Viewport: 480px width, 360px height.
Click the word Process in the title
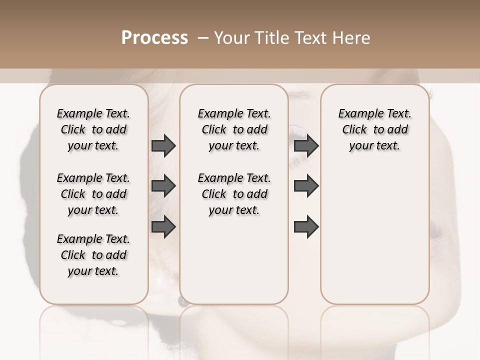(x=154, y=38)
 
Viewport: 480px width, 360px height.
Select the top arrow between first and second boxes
(x=163, y=146)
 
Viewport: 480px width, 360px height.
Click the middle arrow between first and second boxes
(x=163, y=186)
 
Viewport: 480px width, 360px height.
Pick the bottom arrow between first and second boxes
(x=163, y=226)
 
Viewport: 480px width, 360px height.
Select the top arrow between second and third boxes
(x=306, y=146)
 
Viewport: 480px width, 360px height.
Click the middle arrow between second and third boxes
(x=306, y=186)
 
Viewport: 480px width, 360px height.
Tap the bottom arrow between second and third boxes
(x=306, y=226)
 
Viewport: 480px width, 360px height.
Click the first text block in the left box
(x=93, y=129)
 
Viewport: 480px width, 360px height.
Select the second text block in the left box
(x=93, y=194)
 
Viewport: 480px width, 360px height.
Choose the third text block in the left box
(x=93, y=255)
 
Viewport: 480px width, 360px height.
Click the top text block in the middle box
(x=234, y=129)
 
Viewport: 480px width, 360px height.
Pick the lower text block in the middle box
(x=234, y=194)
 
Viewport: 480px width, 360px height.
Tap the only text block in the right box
(x=374, y=129)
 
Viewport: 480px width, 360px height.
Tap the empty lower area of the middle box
(x=234, y=260)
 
